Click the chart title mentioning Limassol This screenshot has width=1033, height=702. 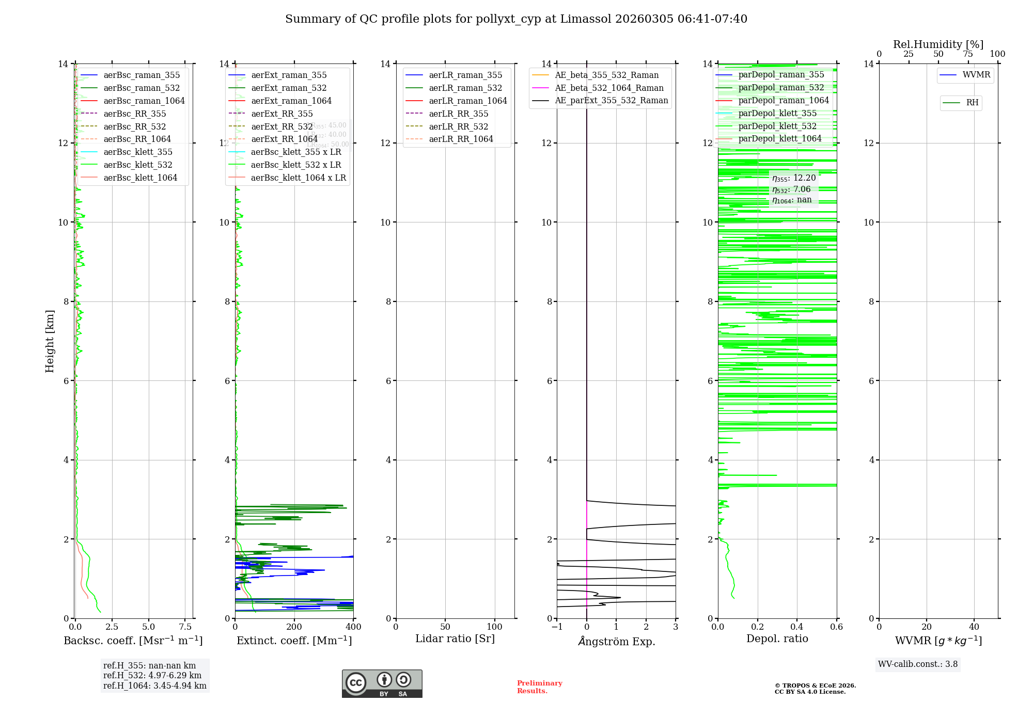pyautogui.click(x=516, y=19)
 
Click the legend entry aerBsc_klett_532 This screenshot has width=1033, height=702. pyautogui.click(x=137, y=165)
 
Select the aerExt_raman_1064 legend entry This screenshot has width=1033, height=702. pyautogui.click(x=291, y=101)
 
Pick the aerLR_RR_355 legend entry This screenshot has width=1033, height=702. pyautogui.click(x=458, y=114)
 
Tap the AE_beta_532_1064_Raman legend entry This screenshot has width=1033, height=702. pyautogui.click(x=609, y=88)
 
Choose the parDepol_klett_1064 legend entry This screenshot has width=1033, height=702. pyautogui.click(x=779, y=139)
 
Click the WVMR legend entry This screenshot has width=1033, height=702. pyautogui.click(x=976, y=75)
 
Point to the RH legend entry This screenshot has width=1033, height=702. pyautogui.click(x=972, y=103)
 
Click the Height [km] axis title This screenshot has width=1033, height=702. pyautogui.click(x=50, y=341)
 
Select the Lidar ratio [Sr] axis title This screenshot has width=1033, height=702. pyautogui.click(x=455, y=639)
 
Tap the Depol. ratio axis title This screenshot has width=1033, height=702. pyautogui.click(x=777, y=639)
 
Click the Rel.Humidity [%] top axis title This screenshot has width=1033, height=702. pyautogui.click(x=938, y=45)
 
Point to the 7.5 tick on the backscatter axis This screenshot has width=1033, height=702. pyautogui.click(x=185, y=627)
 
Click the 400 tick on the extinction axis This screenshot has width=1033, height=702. pyautogui.click(x=353, y=627)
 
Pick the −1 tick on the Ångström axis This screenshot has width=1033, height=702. pyautogui.click(x=556, y=627)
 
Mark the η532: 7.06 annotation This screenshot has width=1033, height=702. pyautogui.click(x=791, y=189)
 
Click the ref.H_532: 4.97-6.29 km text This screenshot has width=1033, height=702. pyautogui.click(x=152, y=676)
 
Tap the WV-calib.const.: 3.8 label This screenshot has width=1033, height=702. pyautogui.click(x=917, y=664)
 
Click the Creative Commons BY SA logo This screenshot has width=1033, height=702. pyautogui.click(x=382, y=684)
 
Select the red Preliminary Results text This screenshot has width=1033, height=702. pyautogui.click(x=539, y=687)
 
